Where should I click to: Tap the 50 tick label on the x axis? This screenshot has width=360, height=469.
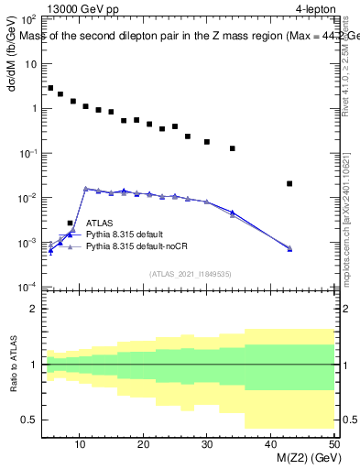coord(333,443)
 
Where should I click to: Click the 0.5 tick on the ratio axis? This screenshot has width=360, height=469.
coord(31,420)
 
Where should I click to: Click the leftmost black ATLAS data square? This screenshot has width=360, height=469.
coord(50,88)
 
